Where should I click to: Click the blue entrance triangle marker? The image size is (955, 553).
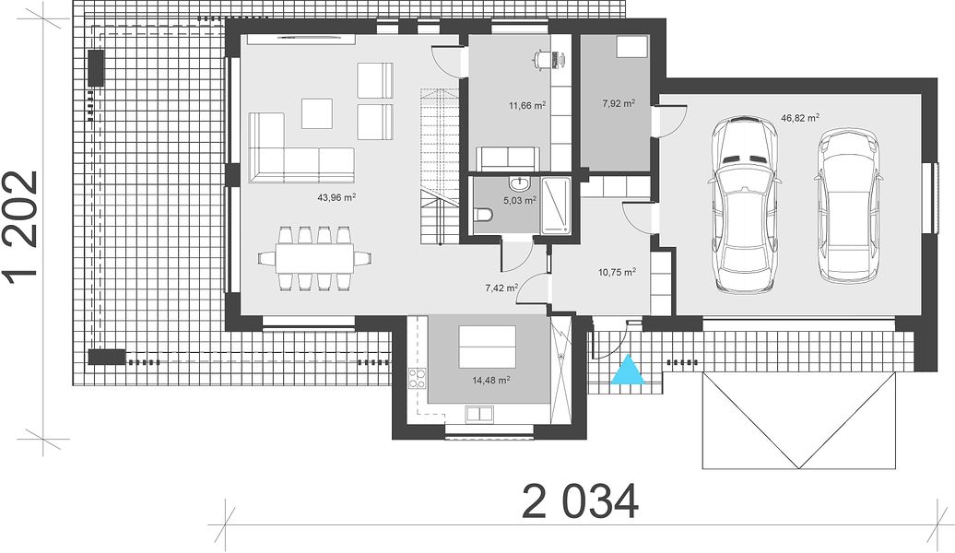click(x=628, y=371)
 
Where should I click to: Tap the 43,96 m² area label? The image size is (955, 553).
click(x=336, y=197)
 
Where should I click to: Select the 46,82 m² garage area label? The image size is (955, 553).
click(x=799, y=118)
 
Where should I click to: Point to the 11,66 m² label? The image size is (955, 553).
click(x=527, y=105)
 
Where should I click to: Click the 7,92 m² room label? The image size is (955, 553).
click(x=619, y=103)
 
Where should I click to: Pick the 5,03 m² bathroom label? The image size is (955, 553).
click(x=520, y=200)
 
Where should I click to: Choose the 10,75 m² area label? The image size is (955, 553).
click(x=618, y=272)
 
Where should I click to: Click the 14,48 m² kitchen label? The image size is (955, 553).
click(x=491, y=380)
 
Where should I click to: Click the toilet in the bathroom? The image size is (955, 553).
click(x=484, y=215)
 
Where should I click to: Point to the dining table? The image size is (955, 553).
click(x=314, y=259)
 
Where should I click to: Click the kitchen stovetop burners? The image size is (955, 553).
click(x=417, y=379)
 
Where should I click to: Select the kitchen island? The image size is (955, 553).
click(x=488, y=346)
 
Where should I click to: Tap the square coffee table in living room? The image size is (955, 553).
click(x=317, y=113)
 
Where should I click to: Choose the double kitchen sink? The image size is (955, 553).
click(x=479, y=414)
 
